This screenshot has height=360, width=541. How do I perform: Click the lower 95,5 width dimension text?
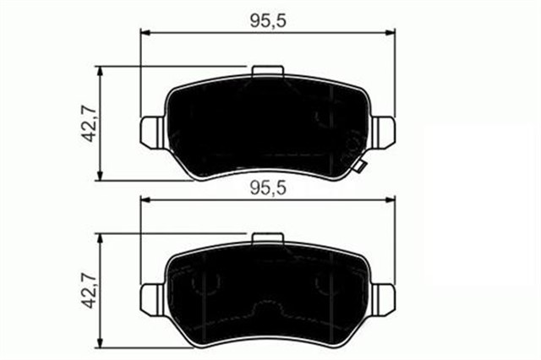click(x=268, y=189)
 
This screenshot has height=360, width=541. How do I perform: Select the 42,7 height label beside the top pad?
click(x=87, y=123)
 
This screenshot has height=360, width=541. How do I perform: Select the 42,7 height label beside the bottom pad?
click(x=87, y=291)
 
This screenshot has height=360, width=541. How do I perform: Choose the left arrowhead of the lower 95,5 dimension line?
click(x=145, y=202)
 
